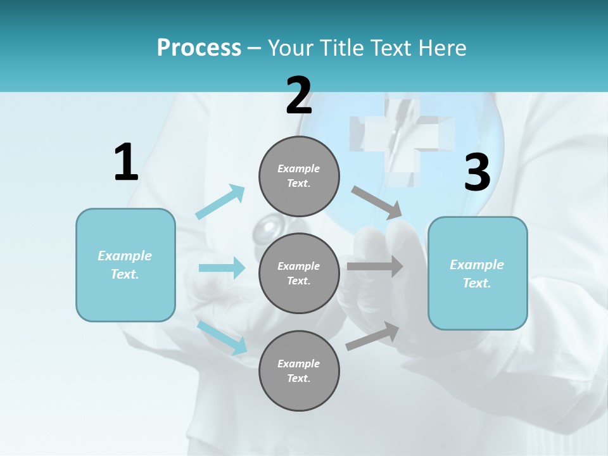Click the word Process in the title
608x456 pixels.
[x=199, y=48]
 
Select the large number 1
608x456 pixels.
[x=126, y=162]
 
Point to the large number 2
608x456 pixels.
[x=299, y=96]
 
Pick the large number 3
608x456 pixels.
[x=477, y=172]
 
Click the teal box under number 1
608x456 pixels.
[x=125, y=265]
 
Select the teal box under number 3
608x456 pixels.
[x=478, y=273]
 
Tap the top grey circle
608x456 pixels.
[x=299, y=176]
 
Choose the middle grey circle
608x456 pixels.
[x=299, y=273]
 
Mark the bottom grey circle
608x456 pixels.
[x=299, y=370]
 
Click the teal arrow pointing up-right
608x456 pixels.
[x=220, y=202]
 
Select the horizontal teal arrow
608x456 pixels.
[x=222, y=268]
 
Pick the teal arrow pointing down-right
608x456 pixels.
[x=222, y=337]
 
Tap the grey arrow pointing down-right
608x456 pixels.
[x=377, y=202]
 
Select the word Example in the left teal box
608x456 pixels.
[x=125, y=256]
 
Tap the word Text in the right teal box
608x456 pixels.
[x=476, y=283]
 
